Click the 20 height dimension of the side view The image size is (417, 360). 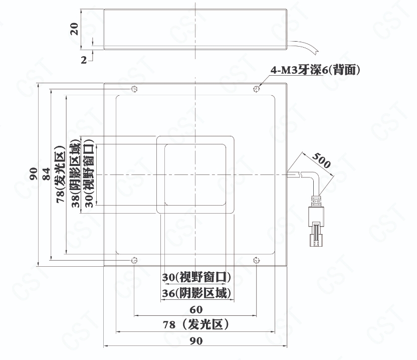pyautogui.click(x=75, y=29)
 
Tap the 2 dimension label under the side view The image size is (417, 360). pyautogui.click(x=84, y=60)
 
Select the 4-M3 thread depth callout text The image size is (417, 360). pyautogui.click(x=315, y=70)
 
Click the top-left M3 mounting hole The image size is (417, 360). pyautogui.click(x=134, y=89)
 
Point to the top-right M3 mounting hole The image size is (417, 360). pyautogui.click(x=256, y=89)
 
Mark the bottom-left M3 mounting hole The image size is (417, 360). pyautogui.click(x=134, y=260)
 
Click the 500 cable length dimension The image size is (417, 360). pyautogui.click(x=321, y=160)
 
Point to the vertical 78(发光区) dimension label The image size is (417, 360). pyautogui.click(x=60, y=174)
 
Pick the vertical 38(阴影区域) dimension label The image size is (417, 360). pyautogui.click(x=76, y=172)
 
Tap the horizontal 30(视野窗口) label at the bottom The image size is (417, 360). pyautogui.click(x=196, y=277)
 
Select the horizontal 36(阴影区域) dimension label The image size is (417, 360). pyautogui.click(x=196, y=293)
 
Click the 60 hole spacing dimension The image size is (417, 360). pyautogui.click(x=196, y=309)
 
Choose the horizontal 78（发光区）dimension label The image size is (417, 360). pyautogui.click(x=196, y=324)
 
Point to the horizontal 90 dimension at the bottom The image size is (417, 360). pyautogui.click(x=196, y=341)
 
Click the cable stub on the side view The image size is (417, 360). pyautogui.click(x=303, y=46)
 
